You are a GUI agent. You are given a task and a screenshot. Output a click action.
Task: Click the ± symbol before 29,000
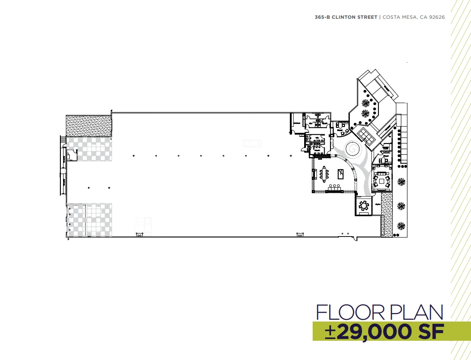tap(331, 331)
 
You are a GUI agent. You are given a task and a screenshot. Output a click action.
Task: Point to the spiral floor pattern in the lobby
tap(352, 148)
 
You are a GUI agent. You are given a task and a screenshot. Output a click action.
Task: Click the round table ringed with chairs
tap(363, 205)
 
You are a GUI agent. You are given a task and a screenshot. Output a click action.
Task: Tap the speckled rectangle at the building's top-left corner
tap(88, 126)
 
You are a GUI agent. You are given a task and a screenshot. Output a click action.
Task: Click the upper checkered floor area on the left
tap(89, 149)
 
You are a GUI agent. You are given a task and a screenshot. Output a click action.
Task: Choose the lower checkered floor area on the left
tap(89, 220)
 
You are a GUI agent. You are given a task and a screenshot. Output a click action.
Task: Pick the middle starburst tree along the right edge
tap(402, 206)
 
